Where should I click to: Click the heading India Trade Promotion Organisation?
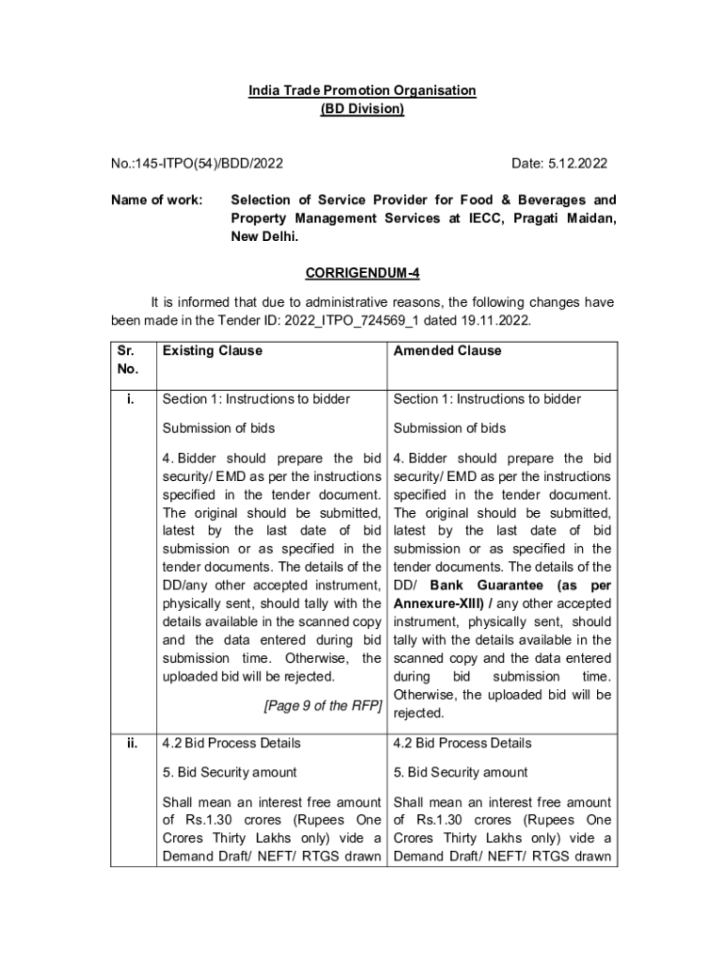point(362,90)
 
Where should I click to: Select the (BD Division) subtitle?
point(362,109)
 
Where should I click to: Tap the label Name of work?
point(150,201)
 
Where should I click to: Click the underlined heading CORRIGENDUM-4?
point(362,274)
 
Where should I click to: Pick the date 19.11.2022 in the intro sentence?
point(498,320)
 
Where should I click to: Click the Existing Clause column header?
point(212,351)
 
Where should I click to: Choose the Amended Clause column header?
point(447,351)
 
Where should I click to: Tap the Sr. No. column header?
point(127,360)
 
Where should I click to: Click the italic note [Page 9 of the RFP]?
point(322,705)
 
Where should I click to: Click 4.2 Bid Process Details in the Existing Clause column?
point(232,743)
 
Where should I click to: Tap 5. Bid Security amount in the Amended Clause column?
point(461,772)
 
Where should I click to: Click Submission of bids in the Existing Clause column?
point(218,428)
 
